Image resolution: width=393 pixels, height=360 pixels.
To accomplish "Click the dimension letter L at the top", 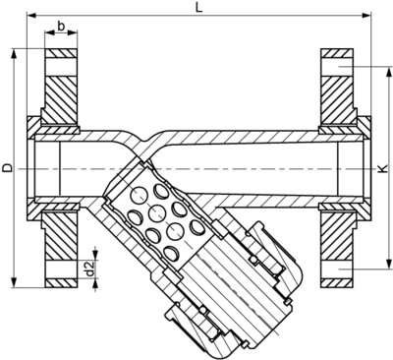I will [199, 8].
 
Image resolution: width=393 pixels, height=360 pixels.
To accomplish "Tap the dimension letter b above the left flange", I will [62, 26].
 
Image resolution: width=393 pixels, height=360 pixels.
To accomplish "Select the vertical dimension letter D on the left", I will [8, 168].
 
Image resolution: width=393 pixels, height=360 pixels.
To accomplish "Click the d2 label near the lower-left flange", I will [90, 268].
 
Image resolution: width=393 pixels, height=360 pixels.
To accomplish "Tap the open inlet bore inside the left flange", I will [49, 168].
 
